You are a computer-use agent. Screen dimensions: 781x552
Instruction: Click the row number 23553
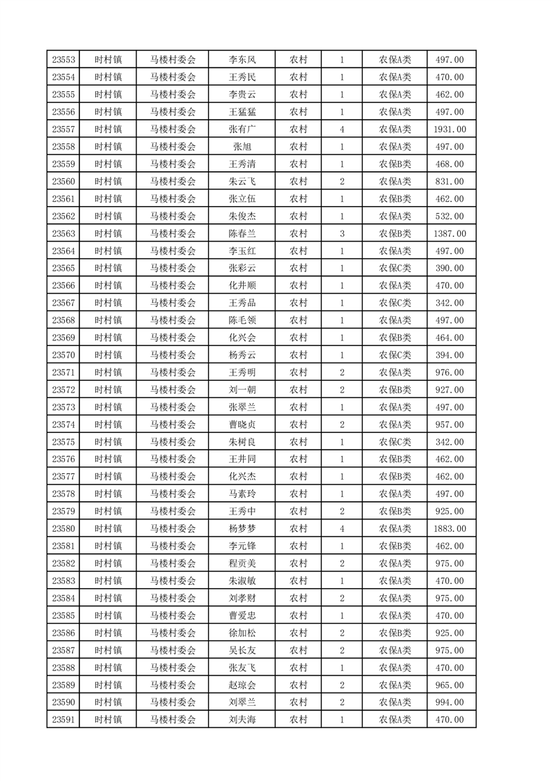tap(63, 60)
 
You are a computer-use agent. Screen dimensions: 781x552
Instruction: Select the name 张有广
tap(242, 129)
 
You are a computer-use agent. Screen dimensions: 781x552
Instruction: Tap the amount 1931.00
tap(450, 129)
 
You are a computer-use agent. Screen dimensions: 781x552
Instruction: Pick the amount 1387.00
tap(450, 233)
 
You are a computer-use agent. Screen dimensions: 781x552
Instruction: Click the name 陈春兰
tap(242, 233)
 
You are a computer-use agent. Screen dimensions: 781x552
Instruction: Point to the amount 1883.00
tap(450, 528)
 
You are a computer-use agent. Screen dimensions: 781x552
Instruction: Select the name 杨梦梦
tap(242, 528)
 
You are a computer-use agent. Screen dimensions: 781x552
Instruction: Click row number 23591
tap(63, 720)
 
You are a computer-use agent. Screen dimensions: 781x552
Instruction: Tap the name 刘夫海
tap(242, 720)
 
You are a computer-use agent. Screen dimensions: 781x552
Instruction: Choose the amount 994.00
tap(450, 702)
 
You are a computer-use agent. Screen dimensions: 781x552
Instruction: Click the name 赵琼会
tap(242, 685)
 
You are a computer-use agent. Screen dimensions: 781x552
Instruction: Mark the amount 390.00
tap(450, 268)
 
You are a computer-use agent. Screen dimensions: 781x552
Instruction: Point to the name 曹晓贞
tap(242, 425)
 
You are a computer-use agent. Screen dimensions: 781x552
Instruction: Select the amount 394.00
tap(450, 355)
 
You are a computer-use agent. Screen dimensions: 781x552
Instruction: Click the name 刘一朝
tap(242, 390)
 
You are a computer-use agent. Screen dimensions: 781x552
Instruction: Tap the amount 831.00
tap(450, 181)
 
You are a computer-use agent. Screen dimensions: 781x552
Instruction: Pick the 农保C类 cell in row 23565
tap(395, 268)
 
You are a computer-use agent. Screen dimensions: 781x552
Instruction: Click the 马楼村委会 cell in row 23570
tap(173, 355)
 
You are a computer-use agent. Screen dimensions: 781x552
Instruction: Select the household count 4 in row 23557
tap(342, 129)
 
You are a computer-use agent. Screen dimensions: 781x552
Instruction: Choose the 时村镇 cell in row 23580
tap(108, 528)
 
